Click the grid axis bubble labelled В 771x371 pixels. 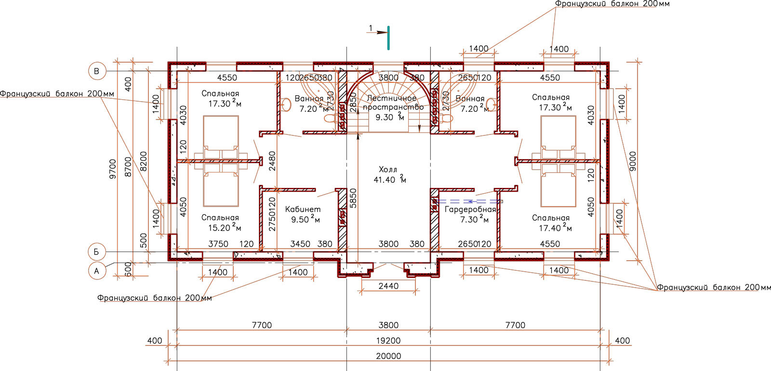click(97, 71)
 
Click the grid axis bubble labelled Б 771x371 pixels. click(97, 252)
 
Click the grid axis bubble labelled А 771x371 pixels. click(97, 271)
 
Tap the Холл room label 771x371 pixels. click(388, 170)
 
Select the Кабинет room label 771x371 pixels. click(303, 209)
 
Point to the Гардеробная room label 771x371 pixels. click(470, 210)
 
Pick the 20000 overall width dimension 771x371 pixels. click(388, 356)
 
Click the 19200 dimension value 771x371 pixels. click(388, 341)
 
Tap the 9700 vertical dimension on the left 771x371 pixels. click(113, 169)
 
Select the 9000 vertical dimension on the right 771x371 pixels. click(633, 161)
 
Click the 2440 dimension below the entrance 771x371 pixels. click(388, 286)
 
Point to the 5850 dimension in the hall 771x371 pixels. click(353, 198)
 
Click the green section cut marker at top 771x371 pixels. click(388, 38)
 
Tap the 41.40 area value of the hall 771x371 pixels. click(385, 180)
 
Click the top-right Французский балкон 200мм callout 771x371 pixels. click(612, 4)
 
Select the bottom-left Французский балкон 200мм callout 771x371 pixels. click(154, 298)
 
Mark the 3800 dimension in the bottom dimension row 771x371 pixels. click(388, 325)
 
